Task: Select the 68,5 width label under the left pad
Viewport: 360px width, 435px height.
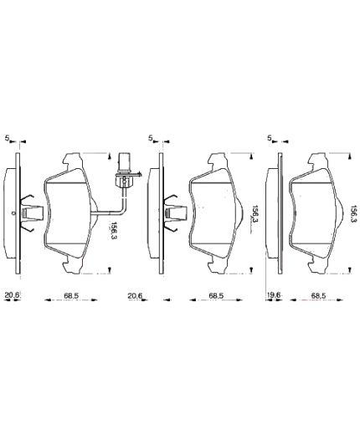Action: pyautogui.click(x=71, y=295)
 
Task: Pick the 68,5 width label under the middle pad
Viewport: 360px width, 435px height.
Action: pyautogui.click(x=215, y=295)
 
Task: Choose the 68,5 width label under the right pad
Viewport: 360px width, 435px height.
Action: pyautogui.click(x=318, y=295)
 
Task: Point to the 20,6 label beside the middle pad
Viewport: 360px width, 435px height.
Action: pyautogui.click(x=135, y=295)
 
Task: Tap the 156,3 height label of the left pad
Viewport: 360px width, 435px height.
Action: pyautogui.click(x=114, y=230)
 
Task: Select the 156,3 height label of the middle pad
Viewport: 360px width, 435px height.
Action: pyautogui.click(x=255, y=215)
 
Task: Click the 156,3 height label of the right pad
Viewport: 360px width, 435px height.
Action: pyautogui.click(x=353, y=214)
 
